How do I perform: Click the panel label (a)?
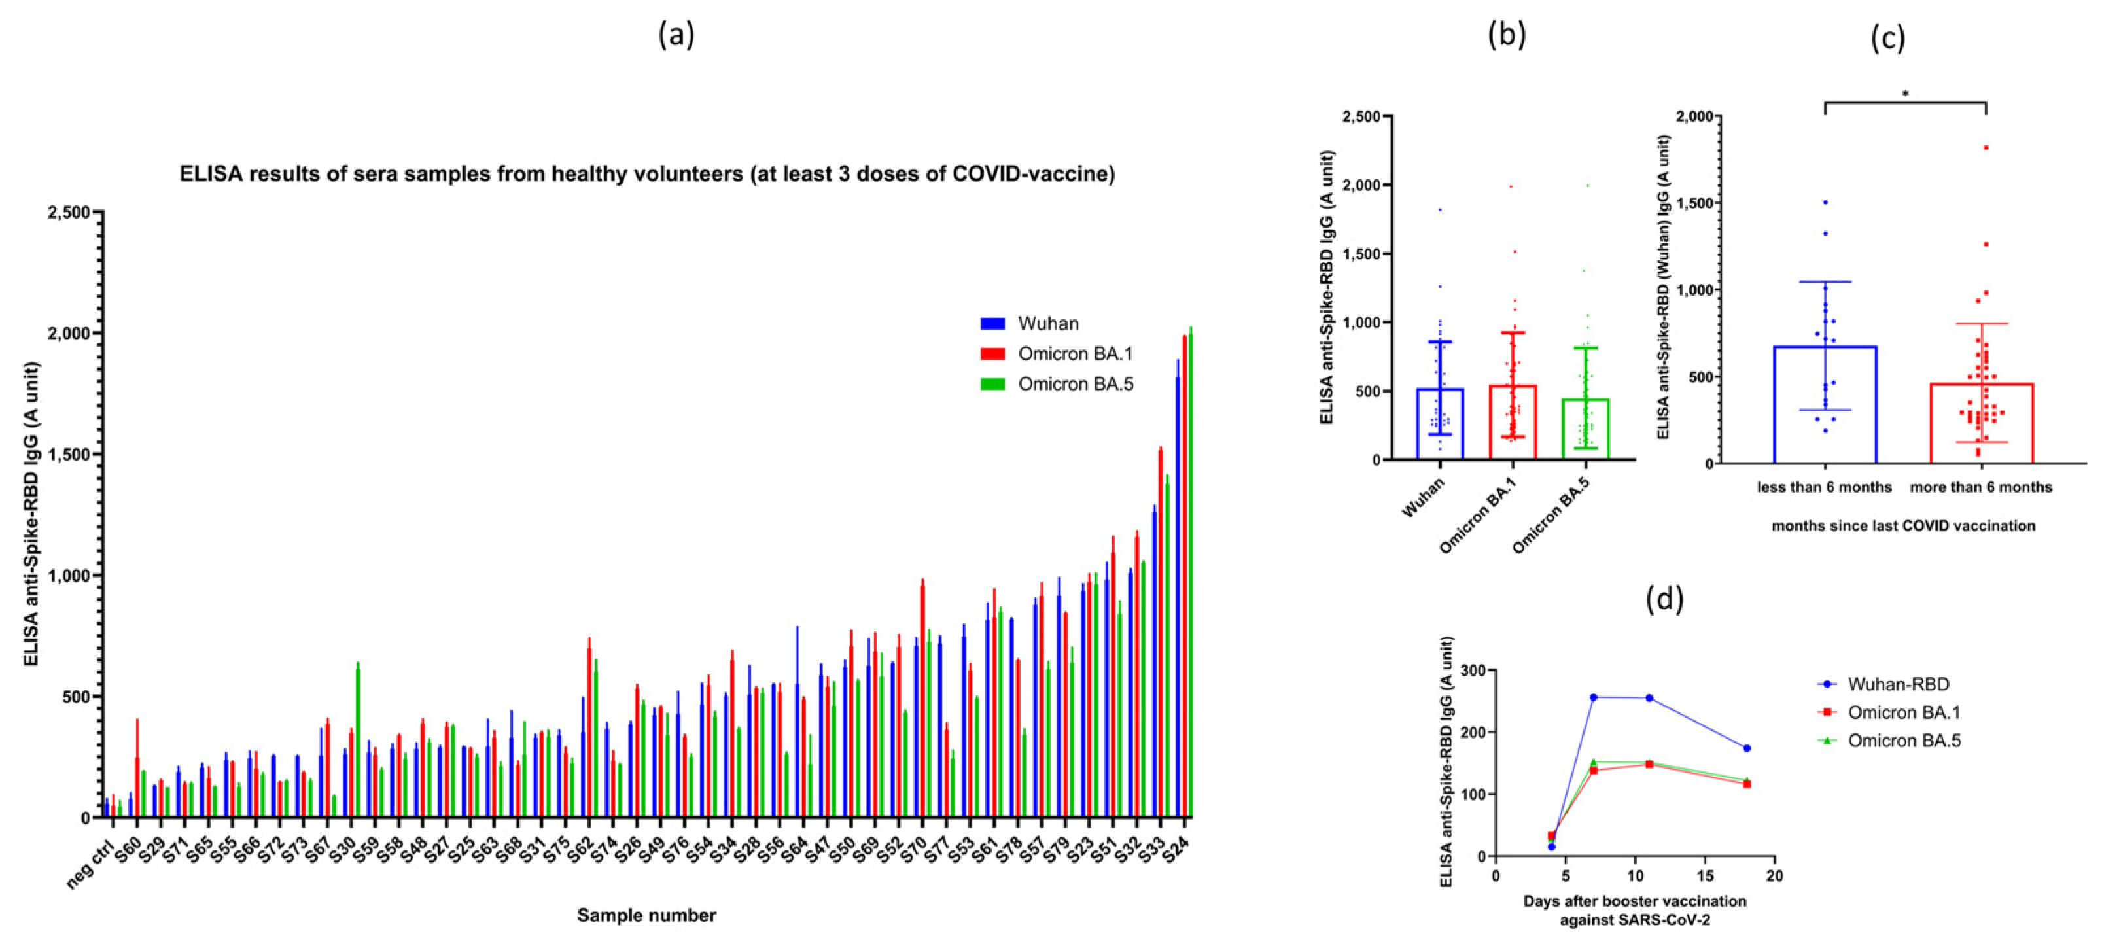(676, 35)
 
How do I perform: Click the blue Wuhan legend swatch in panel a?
(992, 323)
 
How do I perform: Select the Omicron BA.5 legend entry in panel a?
(1075, 384)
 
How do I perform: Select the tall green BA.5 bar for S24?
(1191, 571)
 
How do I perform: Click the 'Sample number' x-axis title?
(646, 915)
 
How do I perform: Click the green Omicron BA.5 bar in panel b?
(1585, 428)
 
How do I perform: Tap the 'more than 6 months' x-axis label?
(1980, 487)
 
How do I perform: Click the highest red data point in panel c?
(1986, 148)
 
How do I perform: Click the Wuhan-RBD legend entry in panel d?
(1897, 684)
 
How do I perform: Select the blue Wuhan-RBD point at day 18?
(1746, 748)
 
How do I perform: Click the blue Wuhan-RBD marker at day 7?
(1593, 697)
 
